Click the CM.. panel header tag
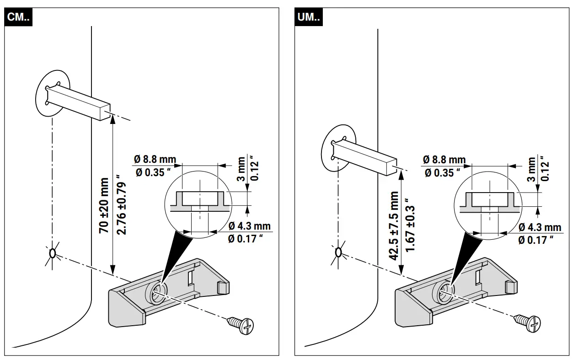coord(20,18)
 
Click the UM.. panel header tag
coord(310,18)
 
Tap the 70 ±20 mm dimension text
coord(105,205)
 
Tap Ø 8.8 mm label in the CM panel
coord(155,160)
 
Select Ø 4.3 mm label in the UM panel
coord(540,227)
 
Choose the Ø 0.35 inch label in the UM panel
coord(439,173)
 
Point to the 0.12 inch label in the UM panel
coord(544,169)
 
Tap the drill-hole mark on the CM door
coord(53,253)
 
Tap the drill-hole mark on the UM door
coord(339,252)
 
